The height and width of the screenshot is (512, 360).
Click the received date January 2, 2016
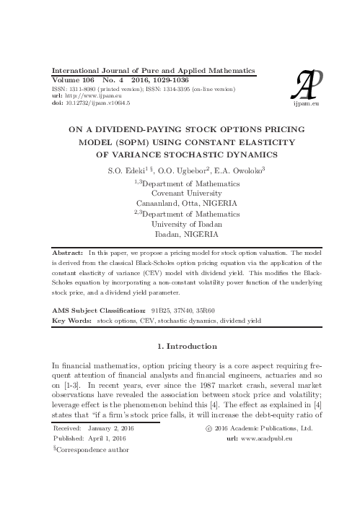click(x=114, y=428)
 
